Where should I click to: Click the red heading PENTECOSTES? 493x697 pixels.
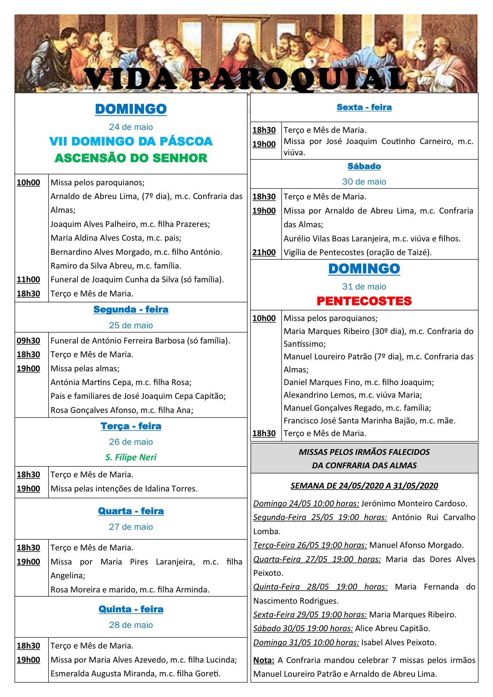364,301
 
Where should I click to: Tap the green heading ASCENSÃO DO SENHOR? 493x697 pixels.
131,158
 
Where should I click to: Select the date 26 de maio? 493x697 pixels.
131,442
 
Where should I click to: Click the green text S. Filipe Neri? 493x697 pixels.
131,457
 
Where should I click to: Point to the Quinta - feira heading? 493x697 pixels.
131,609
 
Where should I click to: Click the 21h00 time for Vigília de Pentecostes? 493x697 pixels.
264,253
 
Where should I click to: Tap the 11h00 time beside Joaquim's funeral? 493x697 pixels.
28,280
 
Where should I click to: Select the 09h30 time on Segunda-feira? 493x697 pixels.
28,341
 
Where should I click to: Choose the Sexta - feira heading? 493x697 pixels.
364,107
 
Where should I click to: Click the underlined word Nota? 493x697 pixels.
264,660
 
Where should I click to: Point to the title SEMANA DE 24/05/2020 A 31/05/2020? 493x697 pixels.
364,486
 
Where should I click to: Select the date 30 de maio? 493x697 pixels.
364,182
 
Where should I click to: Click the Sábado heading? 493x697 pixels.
364,166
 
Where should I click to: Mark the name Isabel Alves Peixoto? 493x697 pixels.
399,643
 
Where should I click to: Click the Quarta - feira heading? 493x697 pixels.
131,511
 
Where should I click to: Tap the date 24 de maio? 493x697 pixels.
131,127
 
